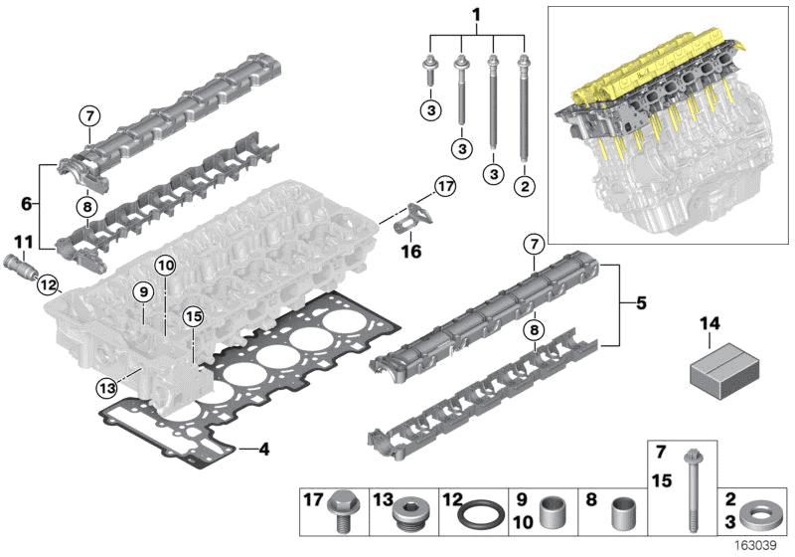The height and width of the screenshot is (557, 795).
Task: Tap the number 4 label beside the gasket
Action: point(263,450)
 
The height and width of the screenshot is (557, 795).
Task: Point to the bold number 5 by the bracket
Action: point(641,300)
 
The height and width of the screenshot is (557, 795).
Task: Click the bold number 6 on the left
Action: point(27,205)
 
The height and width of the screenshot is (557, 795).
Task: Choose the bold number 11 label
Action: point(22,241)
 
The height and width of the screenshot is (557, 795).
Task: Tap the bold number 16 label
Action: point(410,252)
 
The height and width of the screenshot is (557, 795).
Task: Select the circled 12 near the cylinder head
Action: point(48,286)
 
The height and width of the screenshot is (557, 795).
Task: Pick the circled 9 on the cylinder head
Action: point(143,292)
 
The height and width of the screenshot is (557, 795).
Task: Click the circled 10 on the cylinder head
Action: point(164,266)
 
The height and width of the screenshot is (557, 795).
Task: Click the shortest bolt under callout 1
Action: point(430,75)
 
